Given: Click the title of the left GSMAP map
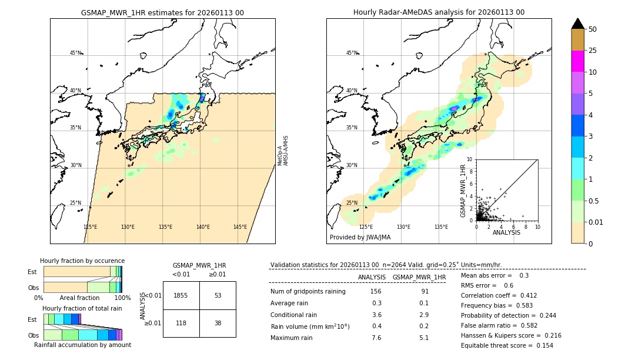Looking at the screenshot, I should pos(162,12).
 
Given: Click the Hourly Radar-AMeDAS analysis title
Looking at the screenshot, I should pos(439,12).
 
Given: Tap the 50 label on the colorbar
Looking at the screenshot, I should pos(593,29).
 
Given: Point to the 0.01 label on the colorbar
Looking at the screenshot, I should pos(596,222).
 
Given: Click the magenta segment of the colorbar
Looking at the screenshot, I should pos(577,61).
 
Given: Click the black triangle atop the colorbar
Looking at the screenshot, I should pos(577,24).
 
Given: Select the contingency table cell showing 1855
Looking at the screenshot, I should pos(181,295).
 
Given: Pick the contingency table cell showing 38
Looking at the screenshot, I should pos(218,323).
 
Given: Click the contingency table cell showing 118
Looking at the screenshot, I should pos(181,323).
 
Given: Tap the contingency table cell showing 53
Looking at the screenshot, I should pos(218,295).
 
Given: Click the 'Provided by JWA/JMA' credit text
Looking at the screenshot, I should pos(360,238).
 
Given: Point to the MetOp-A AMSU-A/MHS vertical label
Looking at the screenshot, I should pos(283,151).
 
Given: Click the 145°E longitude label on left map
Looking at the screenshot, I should pos(240,227).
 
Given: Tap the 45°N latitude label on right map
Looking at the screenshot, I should pos(352,53).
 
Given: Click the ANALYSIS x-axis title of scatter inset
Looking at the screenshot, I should pos(506,232).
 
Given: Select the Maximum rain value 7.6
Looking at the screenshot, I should pos(376,338).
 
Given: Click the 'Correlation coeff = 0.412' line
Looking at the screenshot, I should pos(499,295).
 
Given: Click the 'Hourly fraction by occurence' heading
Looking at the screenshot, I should pos(82,261).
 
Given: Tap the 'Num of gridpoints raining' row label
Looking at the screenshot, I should pos(308,292).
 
